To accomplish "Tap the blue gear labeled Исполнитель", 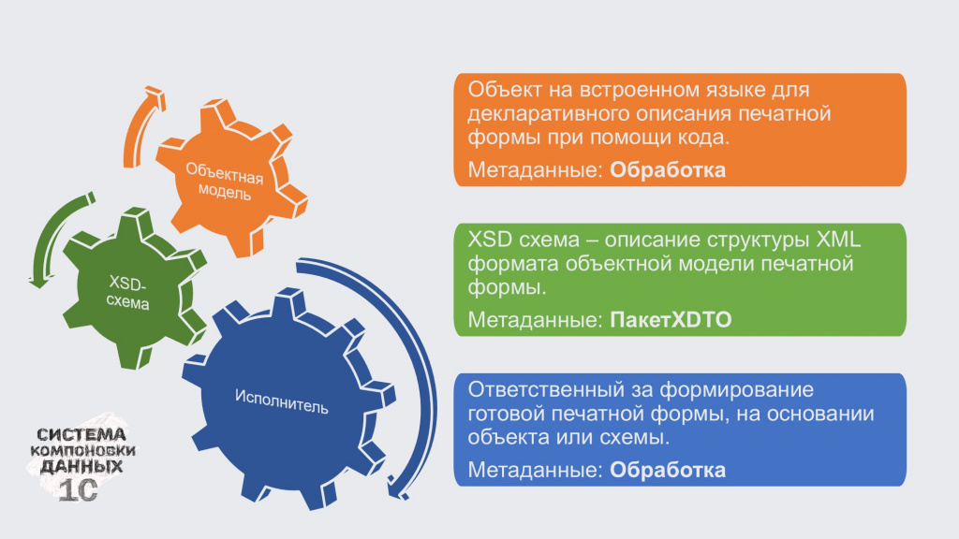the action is click(285, 401).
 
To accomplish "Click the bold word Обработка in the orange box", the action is click(668, 170).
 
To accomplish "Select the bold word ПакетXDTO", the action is click(671, 320).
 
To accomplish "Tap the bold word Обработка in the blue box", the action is click(668, 470).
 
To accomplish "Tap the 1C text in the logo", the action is click(79, 490).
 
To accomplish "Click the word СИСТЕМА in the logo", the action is click(81, 434).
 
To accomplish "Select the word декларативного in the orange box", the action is click(548, 114).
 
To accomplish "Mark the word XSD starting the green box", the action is click(490, 239).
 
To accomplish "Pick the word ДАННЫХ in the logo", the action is click(81, 467).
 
